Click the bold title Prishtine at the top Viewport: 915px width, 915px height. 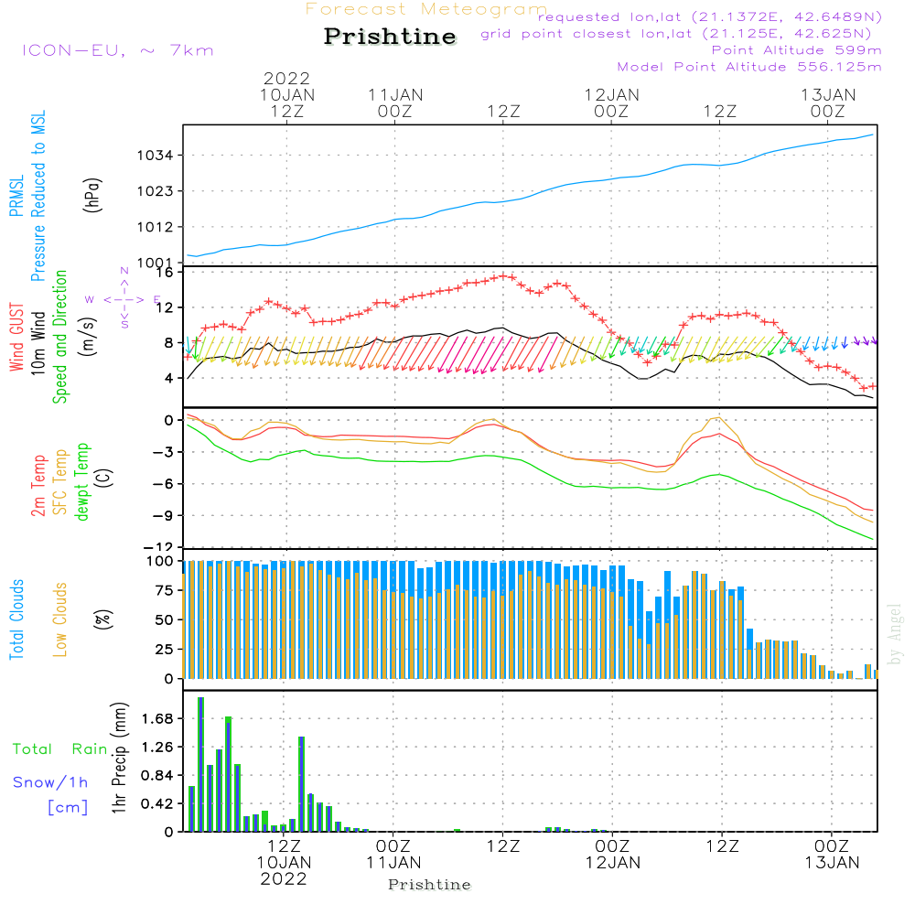coord(390,37)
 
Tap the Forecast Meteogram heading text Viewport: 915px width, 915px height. coord(425,9)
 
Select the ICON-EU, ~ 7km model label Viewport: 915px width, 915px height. coord(117,49)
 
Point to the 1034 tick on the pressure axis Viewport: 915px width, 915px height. coord(156,156)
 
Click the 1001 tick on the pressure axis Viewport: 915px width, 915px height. coord(156,264)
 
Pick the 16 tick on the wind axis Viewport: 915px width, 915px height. coord(164,272)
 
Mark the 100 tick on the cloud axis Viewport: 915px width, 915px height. coord(160,561)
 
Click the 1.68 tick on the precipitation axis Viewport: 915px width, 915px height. coord(156,719)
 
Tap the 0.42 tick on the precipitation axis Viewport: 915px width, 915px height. coord(156,804)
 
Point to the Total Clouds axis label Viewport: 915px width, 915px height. coord(16,619)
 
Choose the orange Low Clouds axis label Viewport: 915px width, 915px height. coord(60,619)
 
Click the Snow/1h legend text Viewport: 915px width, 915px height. coord(50,782)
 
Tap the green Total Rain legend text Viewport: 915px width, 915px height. coord(59,749)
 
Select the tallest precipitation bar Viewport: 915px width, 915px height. coord(200,764)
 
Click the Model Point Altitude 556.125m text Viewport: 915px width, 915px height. coord(748,67)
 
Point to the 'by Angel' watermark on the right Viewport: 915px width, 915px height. coord(896,634)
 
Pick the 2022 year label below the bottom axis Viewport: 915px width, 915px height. coord(284,879)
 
